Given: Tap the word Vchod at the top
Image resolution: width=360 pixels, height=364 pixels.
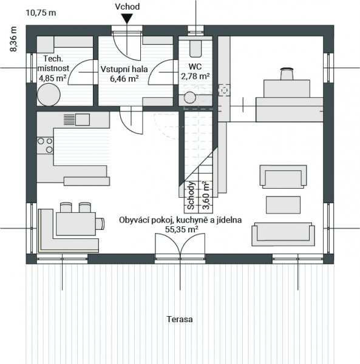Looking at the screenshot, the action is [x=127, y=7].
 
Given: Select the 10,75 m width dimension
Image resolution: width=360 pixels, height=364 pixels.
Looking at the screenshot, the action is [x=41, y=13].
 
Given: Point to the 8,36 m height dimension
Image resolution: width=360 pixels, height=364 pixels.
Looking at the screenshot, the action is [x=13, y=39].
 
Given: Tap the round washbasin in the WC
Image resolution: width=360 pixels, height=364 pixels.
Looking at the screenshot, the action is [x=190, y=98].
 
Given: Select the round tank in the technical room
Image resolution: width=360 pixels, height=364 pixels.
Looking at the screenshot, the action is [x=49, y=95].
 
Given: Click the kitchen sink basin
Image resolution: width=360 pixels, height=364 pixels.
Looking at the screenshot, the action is [x=82, y=120].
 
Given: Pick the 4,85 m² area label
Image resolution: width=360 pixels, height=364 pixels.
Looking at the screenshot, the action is [x=52, y=78].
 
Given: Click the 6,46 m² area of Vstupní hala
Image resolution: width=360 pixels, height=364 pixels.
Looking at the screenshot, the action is [x=124, y=79].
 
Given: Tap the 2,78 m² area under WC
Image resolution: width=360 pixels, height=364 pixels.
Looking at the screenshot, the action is [x=195, y=76].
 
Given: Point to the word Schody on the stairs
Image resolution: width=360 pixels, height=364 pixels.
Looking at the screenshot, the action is [x=191, y=196].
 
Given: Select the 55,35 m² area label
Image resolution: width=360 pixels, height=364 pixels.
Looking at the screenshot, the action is [x=182, y=229].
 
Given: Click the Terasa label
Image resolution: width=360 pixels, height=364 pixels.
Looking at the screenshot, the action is [x=180, y=319].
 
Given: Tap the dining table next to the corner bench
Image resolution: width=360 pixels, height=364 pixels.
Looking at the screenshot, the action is [x=76, y=224].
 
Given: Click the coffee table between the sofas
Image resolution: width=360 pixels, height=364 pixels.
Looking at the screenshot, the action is [x=283, y=205].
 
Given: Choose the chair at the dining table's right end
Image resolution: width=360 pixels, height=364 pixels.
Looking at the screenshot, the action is [x=100, y=224].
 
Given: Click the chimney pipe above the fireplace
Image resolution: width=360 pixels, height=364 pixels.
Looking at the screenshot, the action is [x=287, y=73].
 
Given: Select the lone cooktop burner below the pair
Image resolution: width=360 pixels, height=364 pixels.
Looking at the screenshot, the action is [x=49, y=149].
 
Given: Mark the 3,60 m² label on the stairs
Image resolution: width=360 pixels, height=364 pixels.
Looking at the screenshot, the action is [x=206, y=196].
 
